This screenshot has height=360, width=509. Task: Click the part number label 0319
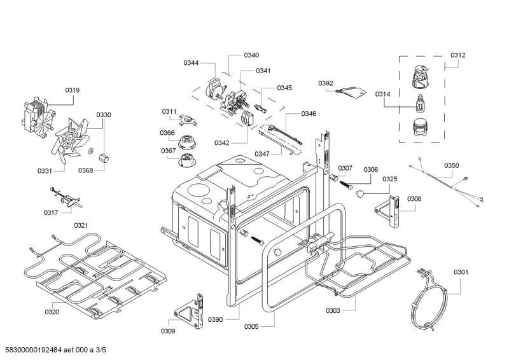[x=72, y=91]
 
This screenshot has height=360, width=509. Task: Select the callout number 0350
[x=451, y=165]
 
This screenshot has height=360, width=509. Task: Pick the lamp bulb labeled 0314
[x=419, y=102]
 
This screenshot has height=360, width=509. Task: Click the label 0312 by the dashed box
[x=458, y=55]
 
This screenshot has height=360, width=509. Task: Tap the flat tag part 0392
[x=351, y=92]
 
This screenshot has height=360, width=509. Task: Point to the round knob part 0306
[x=361, y=191]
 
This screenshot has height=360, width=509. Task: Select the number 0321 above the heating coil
[x=81, y=225]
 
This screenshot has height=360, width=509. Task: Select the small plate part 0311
[x=186, y=118]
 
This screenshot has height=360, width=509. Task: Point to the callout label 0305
[x=251, y=327]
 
